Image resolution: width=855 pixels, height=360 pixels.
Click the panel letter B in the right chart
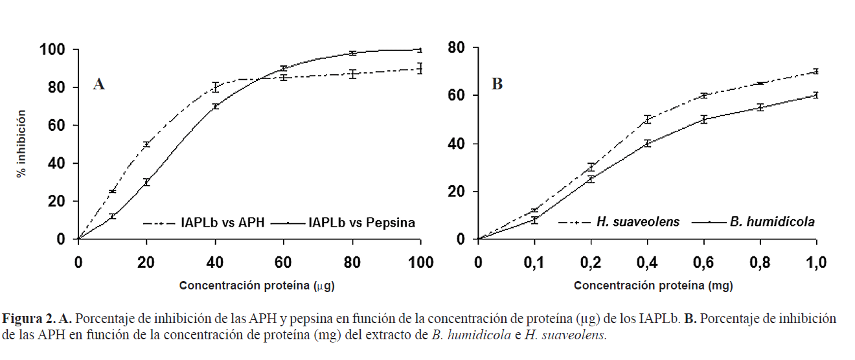[497, 84]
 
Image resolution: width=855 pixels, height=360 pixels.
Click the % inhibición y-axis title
[21, 144]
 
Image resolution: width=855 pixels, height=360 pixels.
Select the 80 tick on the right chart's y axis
[457, 48]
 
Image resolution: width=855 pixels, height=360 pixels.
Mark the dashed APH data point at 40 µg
[215, 87]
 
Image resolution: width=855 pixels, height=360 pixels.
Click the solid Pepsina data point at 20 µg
[146, 183]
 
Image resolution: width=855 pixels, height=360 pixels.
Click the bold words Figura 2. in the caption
[30, 319]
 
